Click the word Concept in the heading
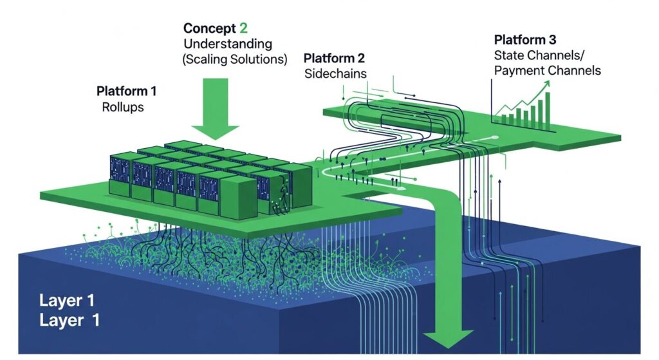tap(206, 29)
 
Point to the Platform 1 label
tap(126, 91)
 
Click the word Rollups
tap(123, 107)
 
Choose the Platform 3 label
tap(525, 39)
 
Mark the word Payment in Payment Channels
tap(516, 70)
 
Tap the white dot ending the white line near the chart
tap(495, 137)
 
